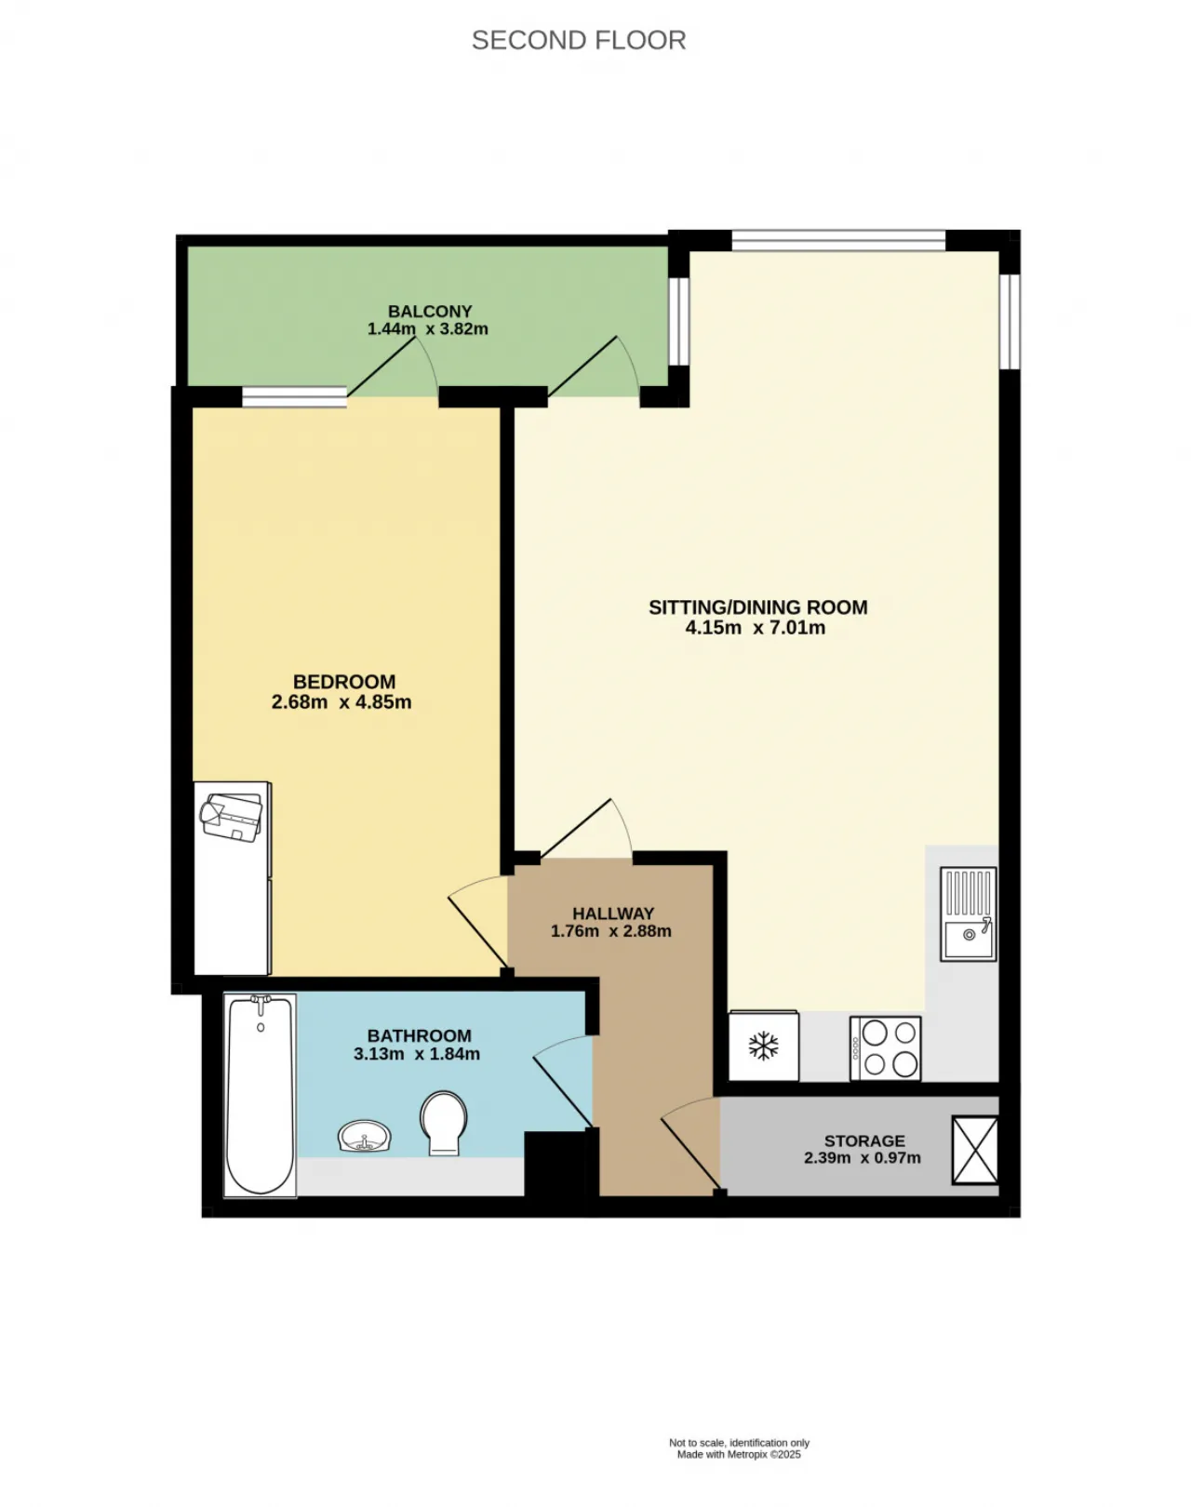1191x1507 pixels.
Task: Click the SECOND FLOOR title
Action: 578,41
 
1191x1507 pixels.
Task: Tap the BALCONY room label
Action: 430,311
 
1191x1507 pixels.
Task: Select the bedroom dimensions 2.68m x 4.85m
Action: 341,701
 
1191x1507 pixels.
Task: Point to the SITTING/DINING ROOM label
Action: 757,607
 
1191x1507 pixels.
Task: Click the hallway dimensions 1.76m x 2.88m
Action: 611,931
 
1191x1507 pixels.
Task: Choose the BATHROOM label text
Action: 419,1035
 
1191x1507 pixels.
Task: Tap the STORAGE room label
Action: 863,1140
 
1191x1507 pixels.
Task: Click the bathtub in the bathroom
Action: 260,1095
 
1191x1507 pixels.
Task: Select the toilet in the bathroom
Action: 444,1123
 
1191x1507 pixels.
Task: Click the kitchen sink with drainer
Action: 969,914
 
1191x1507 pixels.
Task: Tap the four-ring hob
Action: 885,1048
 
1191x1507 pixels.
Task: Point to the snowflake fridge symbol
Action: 763,1047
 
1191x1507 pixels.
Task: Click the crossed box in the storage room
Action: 974,1151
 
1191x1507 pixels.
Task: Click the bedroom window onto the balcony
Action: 294,396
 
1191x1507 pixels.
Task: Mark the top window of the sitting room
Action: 838,240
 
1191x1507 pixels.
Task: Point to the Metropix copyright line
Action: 739,1455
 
